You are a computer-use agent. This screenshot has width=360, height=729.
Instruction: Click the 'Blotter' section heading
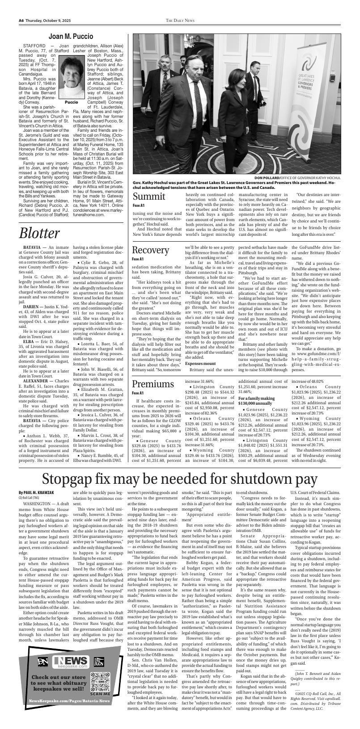click(x=39, y=233)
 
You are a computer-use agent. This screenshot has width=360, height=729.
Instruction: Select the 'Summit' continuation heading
click(x=149, y=197)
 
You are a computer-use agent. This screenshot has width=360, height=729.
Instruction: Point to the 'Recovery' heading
click(x=151, y=249)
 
